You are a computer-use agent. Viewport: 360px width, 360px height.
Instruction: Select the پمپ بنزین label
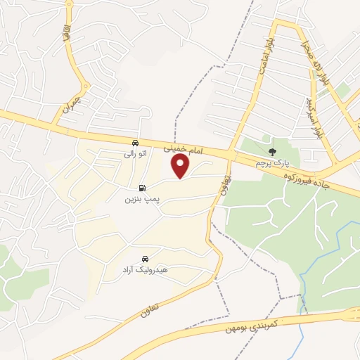tap(143, 199)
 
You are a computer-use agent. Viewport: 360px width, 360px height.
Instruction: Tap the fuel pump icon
tap(143, 188)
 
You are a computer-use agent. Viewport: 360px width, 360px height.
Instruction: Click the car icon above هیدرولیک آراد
tap(145, 258)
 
